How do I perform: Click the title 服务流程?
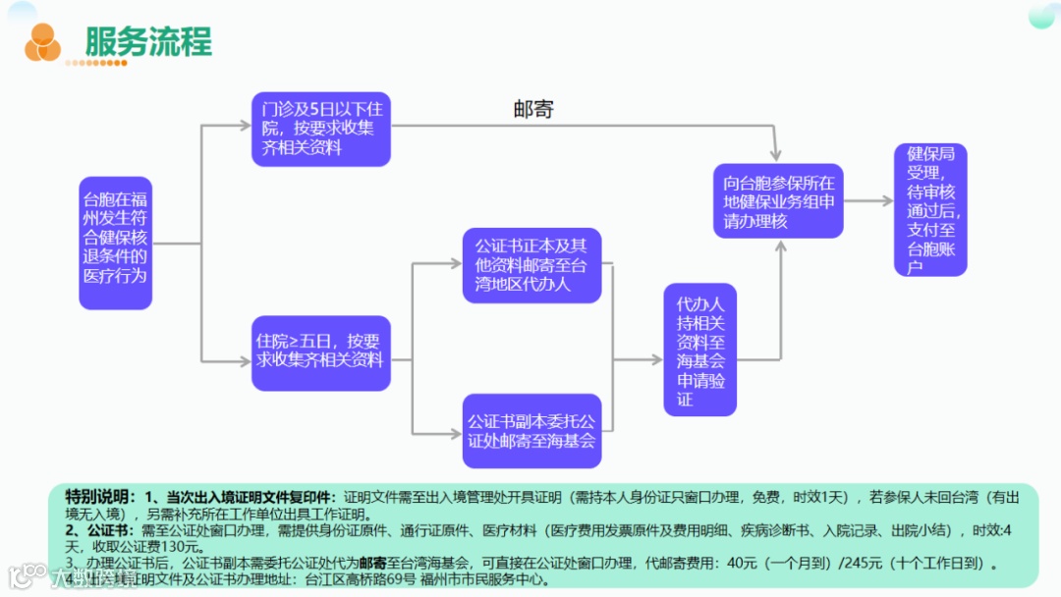[x=148, y=41]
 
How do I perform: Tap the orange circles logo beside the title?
[x=42, y=41]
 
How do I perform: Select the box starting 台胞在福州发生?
[x=115, y=244]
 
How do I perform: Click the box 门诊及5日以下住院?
[x=320, y=128]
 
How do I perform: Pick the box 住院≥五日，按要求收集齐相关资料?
[x=320, y=351]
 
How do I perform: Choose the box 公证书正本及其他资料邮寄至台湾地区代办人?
[x=530, y=265]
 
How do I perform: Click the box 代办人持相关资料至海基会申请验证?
[x=699, y=350]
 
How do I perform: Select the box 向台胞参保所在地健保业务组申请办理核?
[x=778, y=201]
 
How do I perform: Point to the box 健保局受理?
[x=930, y=209]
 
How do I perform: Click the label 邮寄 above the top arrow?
[x=533, y=109]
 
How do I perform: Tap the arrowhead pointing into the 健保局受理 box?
[x=885, y=201]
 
